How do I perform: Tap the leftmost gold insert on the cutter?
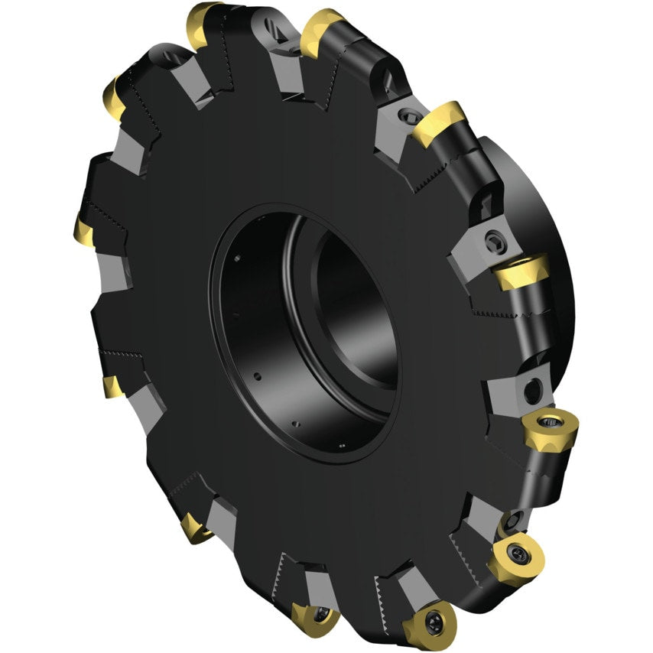click(x=83, y=227)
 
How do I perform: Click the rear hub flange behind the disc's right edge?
click(x=551, y=229)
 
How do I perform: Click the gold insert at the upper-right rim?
click(x=440, y=122)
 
